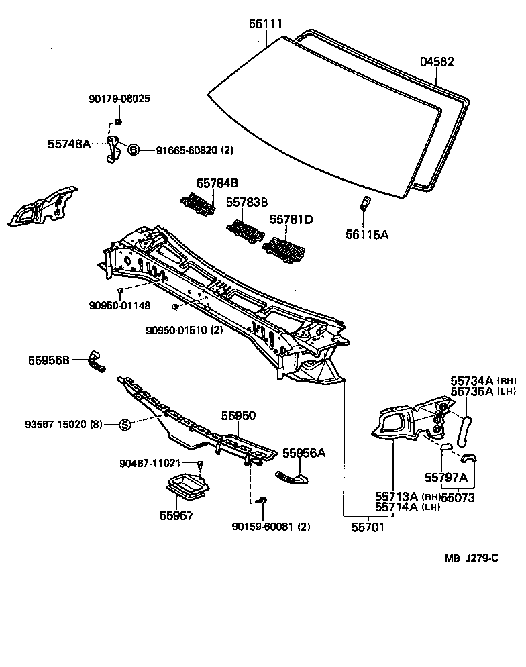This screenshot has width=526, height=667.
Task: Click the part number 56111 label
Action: coord(266,25)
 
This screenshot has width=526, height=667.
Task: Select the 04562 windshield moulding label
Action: coord(437,62)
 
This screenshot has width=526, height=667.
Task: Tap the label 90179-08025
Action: coord(119,99)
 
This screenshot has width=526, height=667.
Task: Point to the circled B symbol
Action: coord(133,150)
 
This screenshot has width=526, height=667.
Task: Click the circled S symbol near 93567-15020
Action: coord(125,424)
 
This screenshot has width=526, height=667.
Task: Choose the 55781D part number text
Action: coord(291,219)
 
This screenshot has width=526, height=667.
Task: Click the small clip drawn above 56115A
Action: coord(364,202)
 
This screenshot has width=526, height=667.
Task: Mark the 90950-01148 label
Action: coord(119,305)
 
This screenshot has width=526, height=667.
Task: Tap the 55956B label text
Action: coord(49,360)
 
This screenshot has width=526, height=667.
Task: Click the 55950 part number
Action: coord(240,416)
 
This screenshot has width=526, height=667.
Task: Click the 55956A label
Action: coord(303,453)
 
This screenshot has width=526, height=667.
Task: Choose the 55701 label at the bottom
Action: coord(368,527)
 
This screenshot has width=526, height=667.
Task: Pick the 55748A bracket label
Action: coord(68,143)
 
